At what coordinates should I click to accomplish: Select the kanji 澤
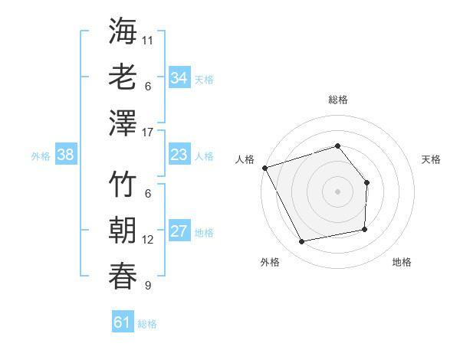(123, 123)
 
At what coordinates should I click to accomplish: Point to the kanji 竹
(123, 185)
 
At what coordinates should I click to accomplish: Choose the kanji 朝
(123, 231)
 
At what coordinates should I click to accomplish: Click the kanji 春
(123, 277)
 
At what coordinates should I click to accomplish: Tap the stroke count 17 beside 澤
(148, 133)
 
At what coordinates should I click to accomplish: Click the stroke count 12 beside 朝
(148, 240)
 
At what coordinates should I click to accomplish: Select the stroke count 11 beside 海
(148, 39)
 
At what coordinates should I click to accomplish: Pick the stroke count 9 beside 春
(148, 286)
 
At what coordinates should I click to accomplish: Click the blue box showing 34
(179, 78)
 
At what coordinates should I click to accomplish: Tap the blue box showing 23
(179, 155)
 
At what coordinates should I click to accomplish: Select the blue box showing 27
(179, 232)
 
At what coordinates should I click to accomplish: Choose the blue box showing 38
(66, 155)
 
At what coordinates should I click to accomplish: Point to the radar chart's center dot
(337, 191)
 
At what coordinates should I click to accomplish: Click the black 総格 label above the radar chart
(337, 100)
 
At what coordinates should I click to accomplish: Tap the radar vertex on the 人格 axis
(264, 167)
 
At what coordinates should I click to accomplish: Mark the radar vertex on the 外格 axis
(302, 242)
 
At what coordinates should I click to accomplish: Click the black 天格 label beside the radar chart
(431, 159)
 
